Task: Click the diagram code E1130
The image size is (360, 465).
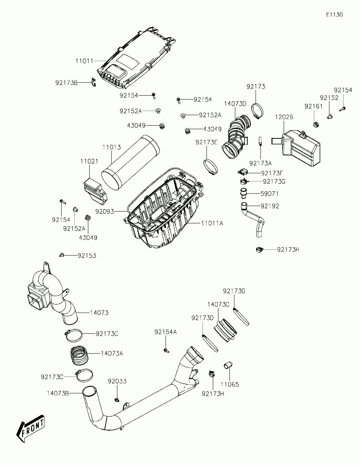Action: (x=334, y=15)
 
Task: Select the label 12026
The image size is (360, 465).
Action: (x=284, y=117)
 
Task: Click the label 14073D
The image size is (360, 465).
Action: (x=235, y=103)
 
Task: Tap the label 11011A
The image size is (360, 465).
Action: (x=212, y=223)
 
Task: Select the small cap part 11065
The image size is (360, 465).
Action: (x=228, y=366)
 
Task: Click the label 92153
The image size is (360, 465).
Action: (x=87, y=256)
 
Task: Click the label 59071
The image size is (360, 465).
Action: (x=270, y=194)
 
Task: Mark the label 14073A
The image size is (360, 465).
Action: (x=112, y=353)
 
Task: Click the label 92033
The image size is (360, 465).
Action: (x=117, y=381)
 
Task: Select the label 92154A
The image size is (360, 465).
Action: (x=165, y=332)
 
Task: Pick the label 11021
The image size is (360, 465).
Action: (x=89, y=161)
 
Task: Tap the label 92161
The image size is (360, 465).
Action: (x=313, y=106)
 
